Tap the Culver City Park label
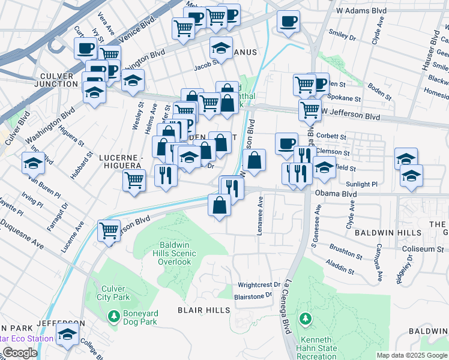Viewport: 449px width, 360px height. point(113,292)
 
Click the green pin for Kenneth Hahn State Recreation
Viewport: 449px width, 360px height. point(306,317)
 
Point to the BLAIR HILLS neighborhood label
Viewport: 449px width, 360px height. point(203,310)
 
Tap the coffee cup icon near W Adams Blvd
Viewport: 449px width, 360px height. point(288,22)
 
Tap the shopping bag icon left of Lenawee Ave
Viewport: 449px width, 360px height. point(255,161)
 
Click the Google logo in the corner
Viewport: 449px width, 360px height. point(20,353)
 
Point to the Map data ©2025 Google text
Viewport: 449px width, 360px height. point(411,355)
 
